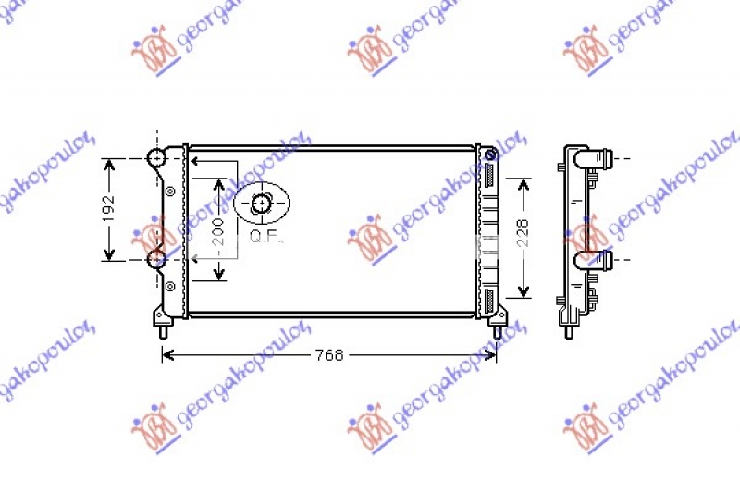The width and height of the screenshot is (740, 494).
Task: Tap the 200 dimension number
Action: [218, 228]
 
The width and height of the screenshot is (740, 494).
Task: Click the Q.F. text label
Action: [267, 236]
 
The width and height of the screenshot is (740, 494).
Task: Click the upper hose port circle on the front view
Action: [156, 158]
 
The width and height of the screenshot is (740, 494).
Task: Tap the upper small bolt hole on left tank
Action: [170, 191]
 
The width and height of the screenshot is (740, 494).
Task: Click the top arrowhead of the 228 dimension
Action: [524, 182]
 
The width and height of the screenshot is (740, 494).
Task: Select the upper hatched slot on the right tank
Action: [487, 175]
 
